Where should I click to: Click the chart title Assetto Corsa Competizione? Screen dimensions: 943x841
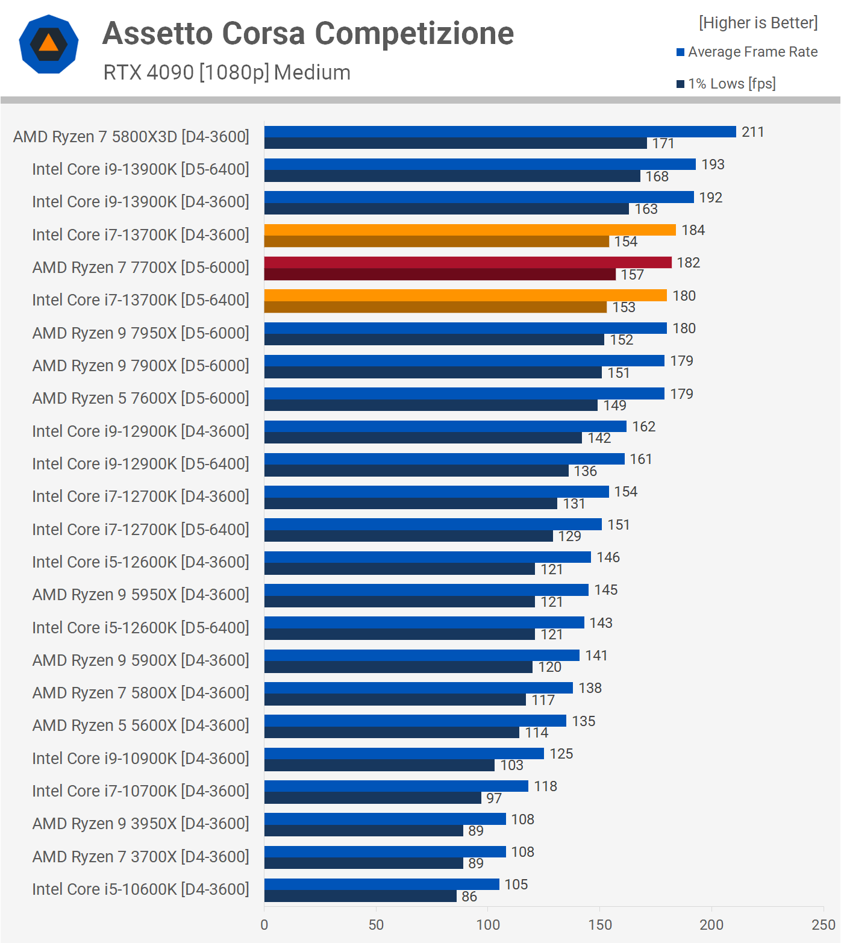[x=308, y=33]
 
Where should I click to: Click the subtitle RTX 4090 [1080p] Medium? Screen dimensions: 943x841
[x=227, y=72]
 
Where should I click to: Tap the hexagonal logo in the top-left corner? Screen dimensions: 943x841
[x=49, y=44]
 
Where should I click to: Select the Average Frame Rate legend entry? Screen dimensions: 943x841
[x=747, y=52]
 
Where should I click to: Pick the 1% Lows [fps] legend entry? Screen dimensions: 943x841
[x=726, y=84]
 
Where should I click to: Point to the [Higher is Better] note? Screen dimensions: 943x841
[x=758, y=23]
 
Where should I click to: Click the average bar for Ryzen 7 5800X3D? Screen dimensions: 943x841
[x=500, y=131]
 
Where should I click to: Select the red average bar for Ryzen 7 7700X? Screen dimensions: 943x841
[x=467, y=262]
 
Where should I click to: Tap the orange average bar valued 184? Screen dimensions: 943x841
[x=470, y=230]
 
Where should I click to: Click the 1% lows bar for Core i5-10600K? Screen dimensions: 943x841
[x=360, y=896]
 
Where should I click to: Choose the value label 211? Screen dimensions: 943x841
[x=752, y=132]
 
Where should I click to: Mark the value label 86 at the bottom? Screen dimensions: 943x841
[x=469, y=897]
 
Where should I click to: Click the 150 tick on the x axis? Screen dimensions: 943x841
[x=600, y=925]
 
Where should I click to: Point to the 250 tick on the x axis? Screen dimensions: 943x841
[x=824, y=925]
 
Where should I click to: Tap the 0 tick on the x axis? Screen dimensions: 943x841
[x=264, y=925]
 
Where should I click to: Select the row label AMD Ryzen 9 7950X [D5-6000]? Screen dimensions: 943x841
[x=140, y=333]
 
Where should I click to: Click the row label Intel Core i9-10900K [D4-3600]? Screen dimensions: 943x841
[x=140, y=759]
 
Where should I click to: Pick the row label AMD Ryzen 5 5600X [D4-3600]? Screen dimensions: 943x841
[x=140, y=725]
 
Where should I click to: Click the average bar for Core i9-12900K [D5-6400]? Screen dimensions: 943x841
[x=444, y=459]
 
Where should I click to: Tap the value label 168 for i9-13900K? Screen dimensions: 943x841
[x=657, y=177]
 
